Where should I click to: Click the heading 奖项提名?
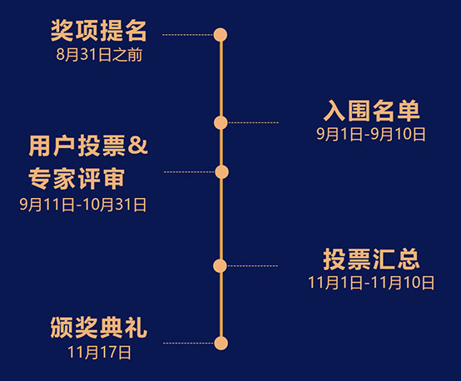(x=98, y=31)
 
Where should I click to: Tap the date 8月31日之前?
(x=99, y=55)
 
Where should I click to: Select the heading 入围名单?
(x=371, y=111)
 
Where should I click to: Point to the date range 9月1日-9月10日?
(x=371, y=134)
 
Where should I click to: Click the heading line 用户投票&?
(x=88, y=146)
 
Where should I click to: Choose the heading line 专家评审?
(x=77, y=179)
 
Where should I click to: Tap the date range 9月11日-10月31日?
(x=83, y=205)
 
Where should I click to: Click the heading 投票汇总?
(x=371, y=259)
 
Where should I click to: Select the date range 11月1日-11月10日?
(x=371, y=283)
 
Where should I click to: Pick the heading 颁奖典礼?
(x=98, y=328)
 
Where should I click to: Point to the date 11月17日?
(x=99, y=352)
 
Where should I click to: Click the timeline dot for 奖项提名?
(x=221, y=35)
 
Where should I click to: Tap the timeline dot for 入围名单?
(x=221, y=122)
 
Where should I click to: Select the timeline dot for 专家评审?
(x=221, y=172)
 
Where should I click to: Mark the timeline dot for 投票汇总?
(x=220, y=265)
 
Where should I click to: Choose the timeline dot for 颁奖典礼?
(x=221, y=343)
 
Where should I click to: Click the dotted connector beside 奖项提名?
(x=188, y=35)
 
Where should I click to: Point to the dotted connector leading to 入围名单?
(x=253, y=122)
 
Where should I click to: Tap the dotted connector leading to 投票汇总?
(x=252, y=265)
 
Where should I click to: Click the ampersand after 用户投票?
(x=138, y=146)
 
